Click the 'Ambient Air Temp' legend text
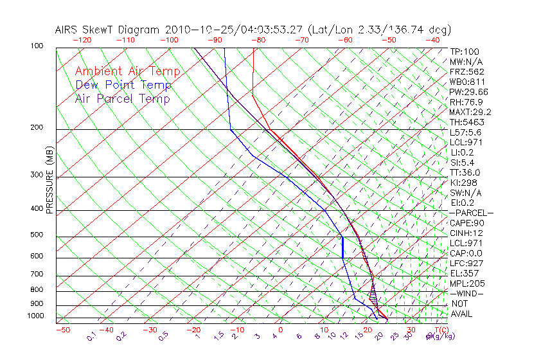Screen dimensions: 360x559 point(127,71)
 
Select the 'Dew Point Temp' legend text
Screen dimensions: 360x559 point(123,85)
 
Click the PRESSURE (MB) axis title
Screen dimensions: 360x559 point(50,180)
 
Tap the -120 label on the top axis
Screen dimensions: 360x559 point(82,40)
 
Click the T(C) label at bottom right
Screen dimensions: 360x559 point(440,330)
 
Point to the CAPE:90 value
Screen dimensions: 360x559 point(466,223)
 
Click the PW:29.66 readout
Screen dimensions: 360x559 point(468,92)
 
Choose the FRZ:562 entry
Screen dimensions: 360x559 point(467,71)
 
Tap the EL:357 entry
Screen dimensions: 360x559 point(464,273)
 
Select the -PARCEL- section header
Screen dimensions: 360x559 point(471,213)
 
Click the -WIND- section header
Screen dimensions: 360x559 point(466,294)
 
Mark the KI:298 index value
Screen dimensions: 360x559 point(464,183)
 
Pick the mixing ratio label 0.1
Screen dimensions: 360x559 point(92,336)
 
